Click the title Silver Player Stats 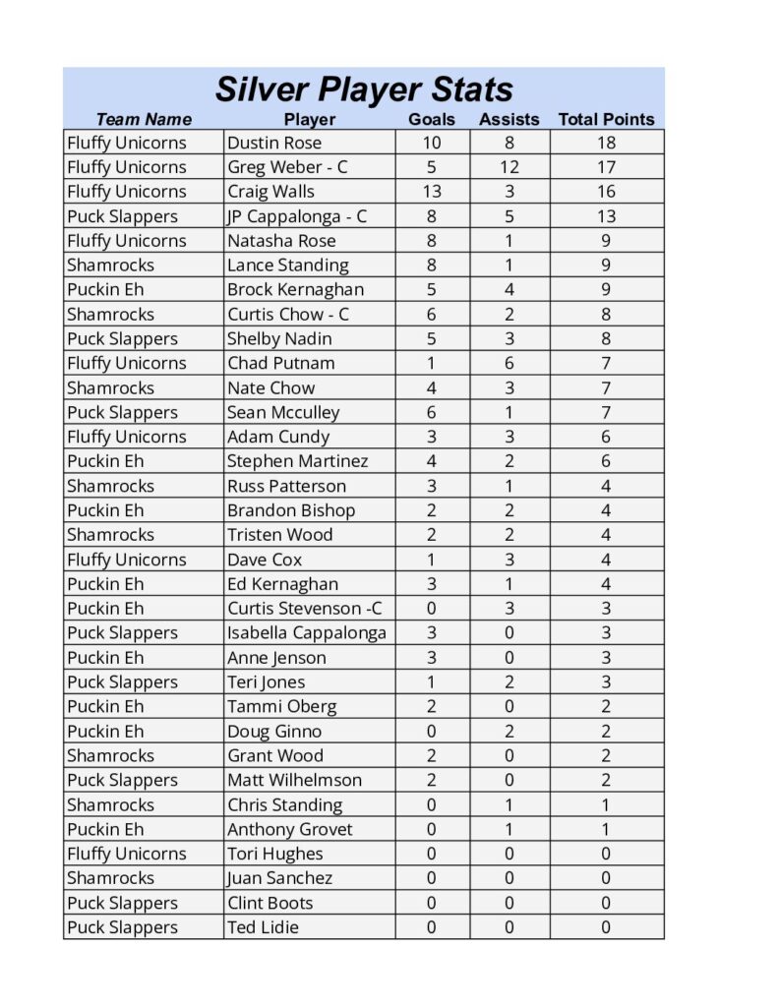click(364, 89)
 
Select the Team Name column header click(144, 119)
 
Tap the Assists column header click(509, 119)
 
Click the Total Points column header click(606, 119)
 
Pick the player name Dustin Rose click(274, 143)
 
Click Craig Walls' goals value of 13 click(431, 192)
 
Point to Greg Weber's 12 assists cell click(509, 167)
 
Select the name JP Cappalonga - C click(297, 216)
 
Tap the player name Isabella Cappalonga click(307, 633)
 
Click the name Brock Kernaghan click(295, 290)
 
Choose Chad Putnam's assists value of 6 click(509, 363)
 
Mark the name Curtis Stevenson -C click(305, 609)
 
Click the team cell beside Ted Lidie click(123, 927)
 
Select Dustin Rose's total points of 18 click(606, 143)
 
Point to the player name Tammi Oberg click(281, 706)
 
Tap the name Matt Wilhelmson click(294, 780)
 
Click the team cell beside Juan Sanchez click(111, 878)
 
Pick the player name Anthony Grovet click(289, 829)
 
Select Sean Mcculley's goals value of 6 click(431, 412)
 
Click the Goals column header click(432, 119)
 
